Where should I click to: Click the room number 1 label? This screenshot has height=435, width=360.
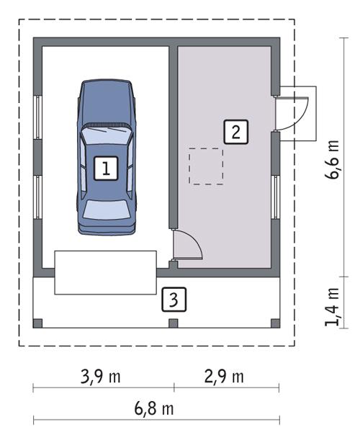tap(106, 169)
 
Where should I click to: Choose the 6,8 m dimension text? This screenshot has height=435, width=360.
tap(154, 410)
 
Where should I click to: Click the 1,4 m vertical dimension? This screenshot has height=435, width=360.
tap(332, 306)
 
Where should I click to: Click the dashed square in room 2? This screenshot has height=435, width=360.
tap(206, 166)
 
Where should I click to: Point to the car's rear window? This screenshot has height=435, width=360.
tap(107, 210)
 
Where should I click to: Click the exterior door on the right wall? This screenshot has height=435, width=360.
tap(294, 112)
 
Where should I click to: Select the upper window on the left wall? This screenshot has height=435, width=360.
tap(38, 115)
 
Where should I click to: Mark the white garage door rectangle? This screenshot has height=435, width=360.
tap(106, 272)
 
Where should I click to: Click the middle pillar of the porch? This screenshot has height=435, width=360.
tap(173, 323)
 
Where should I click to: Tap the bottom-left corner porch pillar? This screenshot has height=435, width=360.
tap(38, 323)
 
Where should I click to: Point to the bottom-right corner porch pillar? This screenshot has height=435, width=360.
tap(274, 323)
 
